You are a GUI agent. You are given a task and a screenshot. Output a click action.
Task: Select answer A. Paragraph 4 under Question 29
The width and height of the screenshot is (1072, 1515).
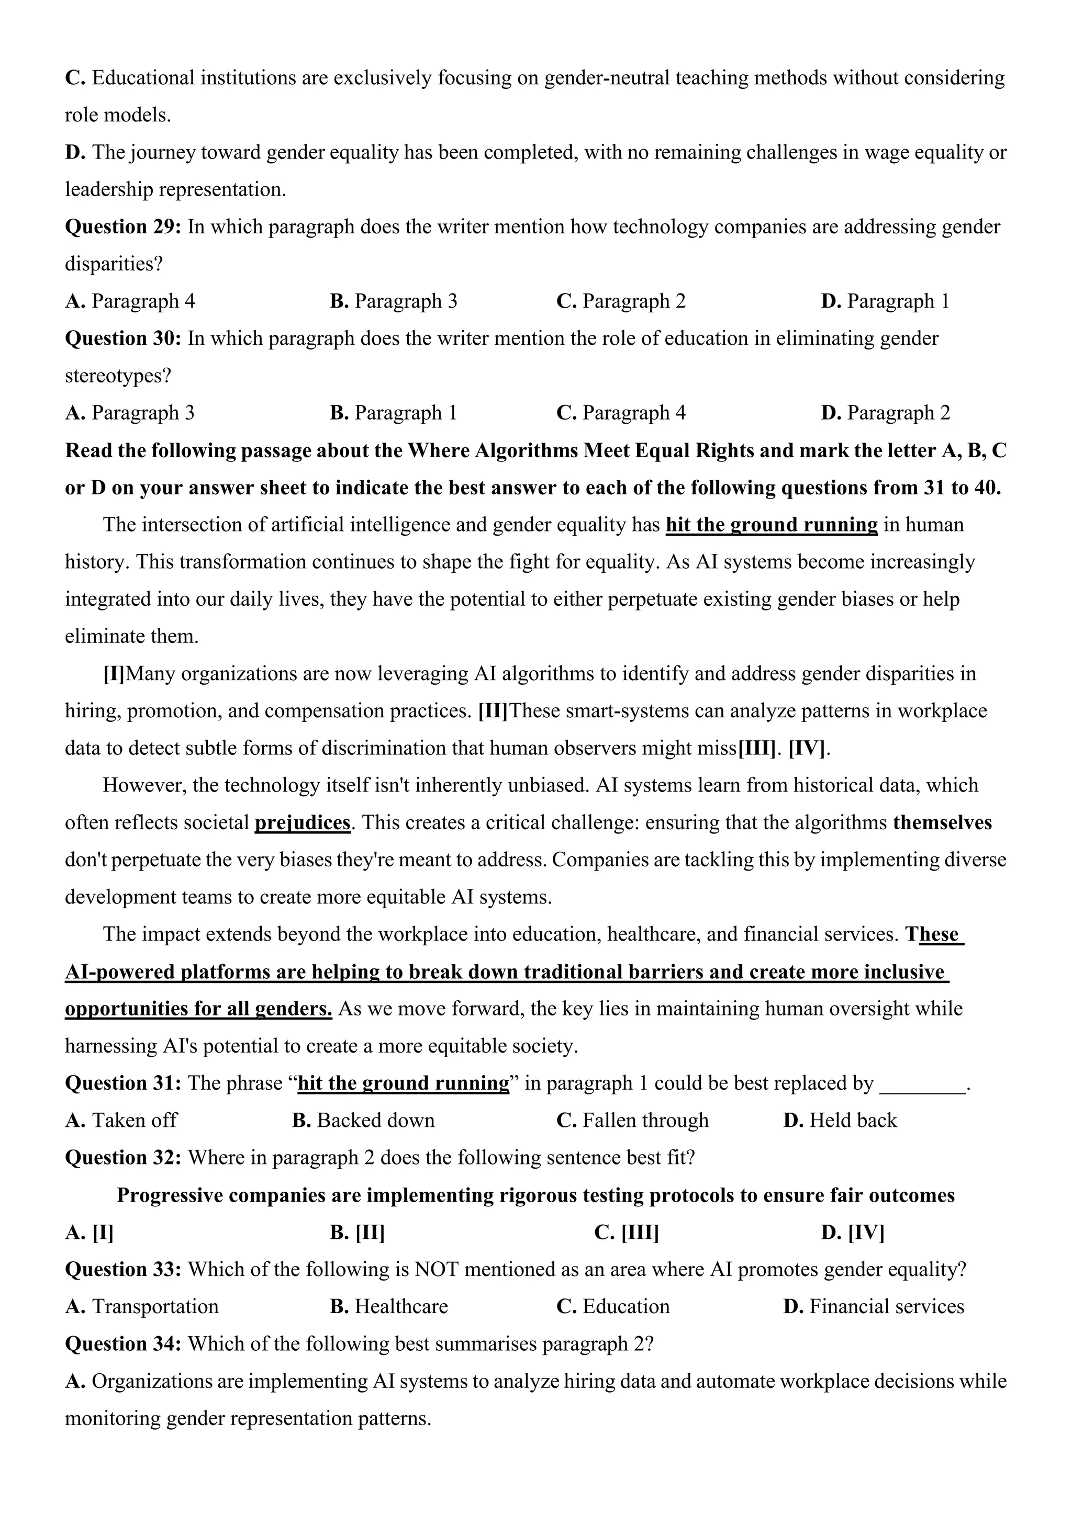(130, 301)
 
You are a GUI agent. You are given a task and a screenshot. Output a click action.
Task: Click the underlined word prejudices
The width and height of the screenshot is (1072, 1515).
(303, 823)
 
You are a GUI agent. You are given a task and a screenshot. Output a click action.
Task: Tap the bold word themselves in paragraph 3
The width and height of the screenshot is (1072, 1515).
(942, 823)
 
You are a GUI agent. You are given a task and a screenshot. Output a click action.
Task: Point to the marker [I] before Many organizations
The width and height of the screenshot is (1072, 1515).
(114, 674)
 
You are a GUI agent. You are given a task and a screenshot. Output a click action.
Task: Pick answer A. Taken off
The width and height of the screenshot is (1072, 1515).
(121, 1121)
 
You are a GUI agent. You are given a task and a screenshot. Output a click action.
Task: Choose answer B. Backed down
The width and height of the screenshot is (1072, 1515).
(363, 1121)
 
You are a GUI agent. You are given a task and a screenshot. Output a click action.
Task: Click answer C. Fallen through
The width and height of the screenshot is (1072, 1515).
(632, 1121)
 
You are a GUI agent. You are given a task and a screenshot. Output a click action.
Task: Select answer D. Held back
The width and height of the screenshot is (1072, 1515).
(840, 1121)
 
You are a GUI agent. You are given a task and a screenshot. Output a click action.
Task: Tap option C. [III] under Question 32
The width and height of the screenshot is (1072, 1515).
(627, 1233)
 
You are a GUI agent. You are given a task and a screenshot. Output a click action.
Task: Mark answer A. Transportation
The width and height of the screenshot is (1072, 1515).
(142, 1306)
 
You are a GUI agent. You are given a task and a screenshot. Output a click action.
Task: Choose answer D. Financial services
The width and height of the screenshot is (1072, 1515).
(873, 1306)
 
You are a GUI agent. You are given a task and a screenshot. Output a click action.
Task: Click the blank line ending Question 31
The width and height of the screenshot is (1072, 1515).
(922, 1083)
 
